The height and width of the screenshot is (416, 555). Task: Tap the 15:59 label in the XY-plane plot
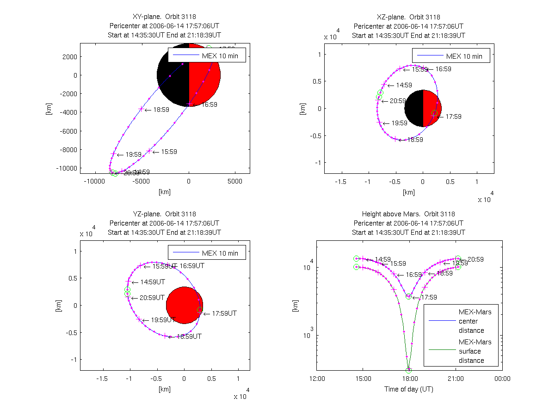pos(169,152)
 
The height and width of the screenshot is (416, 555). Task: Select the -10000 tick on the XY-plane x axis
pos(94,181)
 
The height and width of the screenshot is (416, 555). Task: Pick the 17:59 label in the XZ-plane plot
pos(454,116)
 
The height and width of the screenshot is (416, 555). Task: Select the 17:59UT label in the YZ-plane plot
pos(224,313)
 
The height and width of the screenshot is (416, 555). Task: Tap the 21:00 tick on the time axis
pos(456,379)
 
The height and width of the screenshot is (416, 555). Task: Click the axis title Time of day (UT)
pos(409,389)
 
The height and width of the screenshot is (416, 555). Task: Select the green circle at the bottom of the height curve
pos(408,370)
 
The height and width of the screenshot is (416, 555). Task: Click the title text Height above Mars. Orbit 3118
pos(408,214)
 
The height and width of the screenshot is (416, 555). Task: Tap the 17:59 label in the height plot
pos(429,297)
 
